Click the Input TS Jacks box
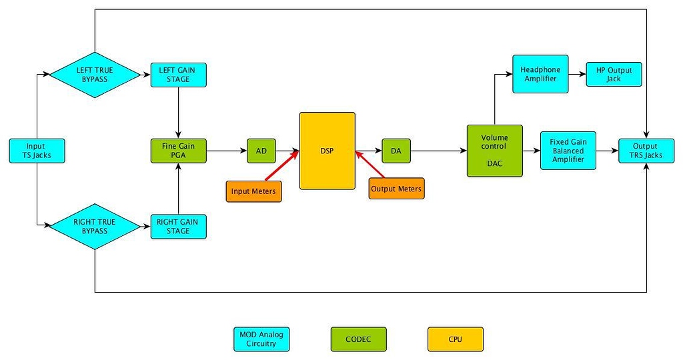[37, 151]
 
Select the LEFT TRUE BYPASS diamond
[95, 75]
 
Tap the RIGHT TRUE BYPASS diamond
[95, 226]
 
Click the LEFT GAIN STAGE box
[179, 75]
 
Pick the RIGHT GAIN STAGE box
[179, 227]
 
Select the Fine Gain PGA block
[179, 151]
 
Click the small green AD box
[261, 151]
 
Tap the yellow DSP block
[327, 151]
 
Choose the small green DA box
[396, 151]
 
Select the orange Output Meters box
[396, 189]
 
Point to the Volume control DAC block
[494, 151]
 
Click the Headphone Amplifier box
[540, 74]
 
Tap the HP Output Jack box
[614, 74]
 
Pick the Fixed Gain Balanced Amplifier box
[568, 151]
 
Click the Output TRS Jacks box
[646, 151]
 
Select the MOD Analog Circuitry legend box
[261, 339]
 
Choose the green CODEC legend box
[359, 339]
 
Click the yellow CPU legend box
[455, 339]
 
